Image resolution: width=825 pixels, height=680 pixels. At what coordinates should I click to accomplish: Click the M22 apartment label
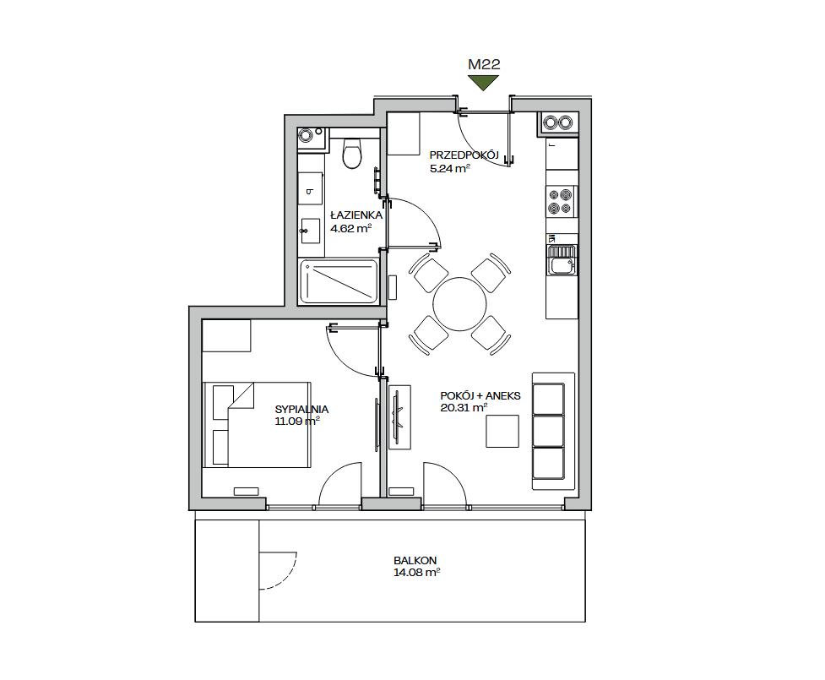484,65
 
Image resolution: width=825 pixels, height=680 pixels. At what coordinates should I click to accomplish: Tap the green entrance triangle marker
484,83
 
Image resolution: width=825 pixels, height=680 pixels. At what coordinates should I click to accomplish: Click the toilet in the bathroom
352,153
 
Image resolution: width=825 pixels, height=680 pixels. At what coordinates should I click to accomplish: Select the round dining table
460,304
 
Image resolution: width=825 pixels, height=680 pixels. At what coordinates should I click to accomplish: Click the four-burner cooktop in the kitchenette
561,201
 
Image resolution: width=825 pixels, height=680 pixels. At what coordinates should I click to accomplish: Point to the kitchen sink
562,260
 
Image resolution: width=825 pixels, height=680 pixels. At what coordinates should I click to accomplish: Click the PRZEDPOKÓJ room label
464,155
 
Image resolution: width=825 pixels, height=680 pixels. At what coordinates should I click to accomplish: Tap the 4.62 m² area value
351,228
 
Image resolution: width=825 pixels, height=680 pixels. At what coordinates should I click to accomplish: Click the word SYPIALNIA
301,409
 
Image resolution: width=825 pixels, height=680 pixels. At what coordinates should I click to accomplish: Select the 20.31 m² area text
464,407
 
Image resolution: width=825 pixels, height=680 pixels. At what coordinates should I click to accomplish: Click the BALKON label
415,561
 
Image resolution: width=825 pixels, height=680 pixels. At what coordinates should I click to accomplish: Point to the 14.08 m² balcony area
416,572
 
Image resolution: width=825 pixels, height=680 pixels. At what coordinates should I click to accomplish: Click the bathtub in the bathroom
339,281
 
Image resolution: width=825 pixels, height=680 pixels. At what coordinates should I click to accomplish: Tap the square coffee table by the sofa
502,431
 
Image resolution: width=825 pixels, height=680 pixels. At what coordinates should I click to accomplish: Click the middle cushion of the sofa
548,431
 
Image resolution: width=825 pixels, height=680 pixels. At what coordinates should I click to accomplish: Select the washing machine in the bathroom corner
311,140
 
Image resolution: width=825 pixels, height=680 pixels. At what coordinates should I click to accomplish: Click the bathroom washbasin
311,231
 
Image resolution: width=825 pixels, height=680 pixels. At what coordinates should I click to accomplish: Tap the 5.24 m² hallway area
449,168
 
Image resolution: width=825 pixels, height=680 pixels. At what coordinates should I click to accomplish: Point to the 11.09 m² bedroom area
297,421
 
